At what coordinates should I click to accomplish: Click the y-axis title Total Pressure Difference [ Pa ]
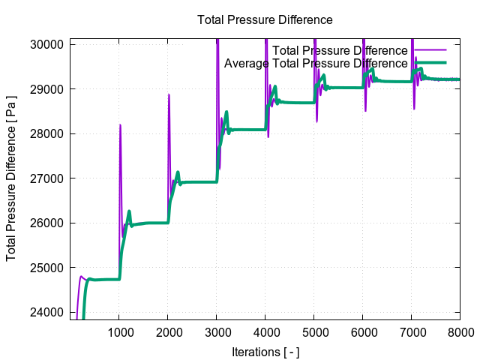pos(11,179)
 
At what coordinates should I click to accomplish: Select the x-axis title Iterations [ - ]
pos(265,351)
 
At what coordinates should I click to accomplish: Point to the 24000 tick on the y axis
pos(48,312)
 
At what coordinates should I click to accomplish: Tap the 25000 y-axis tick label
pos(48,268)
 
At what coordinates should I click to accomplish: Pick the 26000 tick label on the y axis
pos(48,223)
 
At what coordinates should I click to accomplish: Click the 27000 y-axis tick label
pos(48,178)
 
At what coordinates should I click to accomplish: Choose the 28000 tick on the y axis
pos(48,133)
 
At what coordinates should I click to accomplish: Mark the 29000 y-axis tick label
pos(48,89)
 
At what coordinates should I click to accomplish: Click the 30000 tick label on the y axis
pos(48,44)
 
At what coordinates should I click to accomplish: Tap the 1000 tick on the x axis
pos(119,331)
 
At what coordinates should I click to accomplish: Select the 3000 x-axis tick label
pos(217,331)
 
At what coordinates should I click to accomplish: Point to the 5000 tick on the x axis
pos(314,331)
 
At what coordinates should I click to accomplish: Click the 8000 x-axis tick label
pos(460,331)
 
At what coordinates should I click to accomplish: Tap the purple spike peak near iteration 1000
pos(120,125)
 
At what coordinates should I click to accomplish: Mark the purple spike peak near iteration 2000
pos(169,94)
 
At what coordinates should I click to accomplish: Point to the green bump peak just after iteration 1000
pos(129,211)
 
